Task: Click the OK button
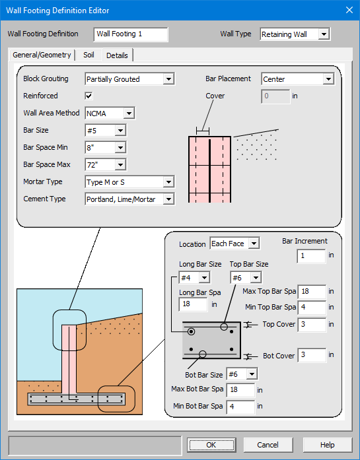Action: [x=211, y=445]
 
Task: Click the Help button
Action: [x=327, y=445]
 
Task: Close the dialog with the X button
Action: [x=349, y=10]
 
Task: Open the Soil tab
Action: [x=89, y=55]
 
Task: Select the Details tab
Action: [x=117, y=55]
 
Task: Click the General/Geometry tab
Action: [x=42, y=55]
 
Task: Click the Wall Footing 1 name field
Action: [x=130, y=34]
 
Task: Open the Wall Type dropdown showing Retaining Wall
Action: [x=294, y=34]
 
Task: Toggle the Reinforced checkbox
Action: [x=89, y=96]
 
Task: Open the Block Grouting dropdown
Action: [x=129, y=79]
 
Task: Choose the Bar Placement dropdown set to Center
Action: [x=297, y=79]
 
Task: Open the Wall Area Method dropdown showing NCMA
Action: [x=110, y=114]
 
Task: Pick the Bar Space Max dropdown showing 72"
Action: [x=105, y=164]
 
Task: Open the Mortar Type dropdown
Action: [x=129, y=181]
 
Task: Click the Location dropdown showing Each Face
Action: [x=234, y=244]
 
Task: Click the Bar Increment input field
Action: [x=310, y=255]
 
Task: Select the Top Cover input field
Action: [x=311, y=325]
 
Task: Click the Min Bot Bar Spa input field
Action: [x=240, y=407]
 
